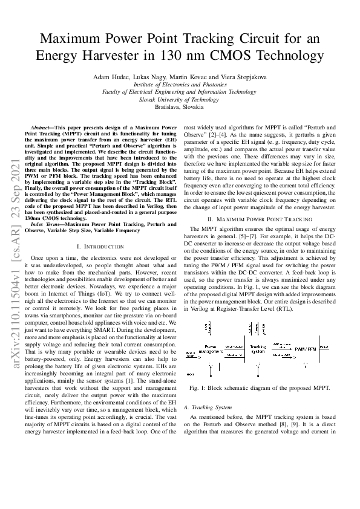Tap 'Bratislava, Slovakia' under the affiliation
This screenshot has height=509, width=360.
pos(179,106)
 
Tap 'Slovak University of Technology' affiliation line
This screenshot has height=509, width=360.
pos(179,99)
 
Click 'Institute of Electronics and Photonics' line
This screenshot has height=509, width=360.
pos(179,85)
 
